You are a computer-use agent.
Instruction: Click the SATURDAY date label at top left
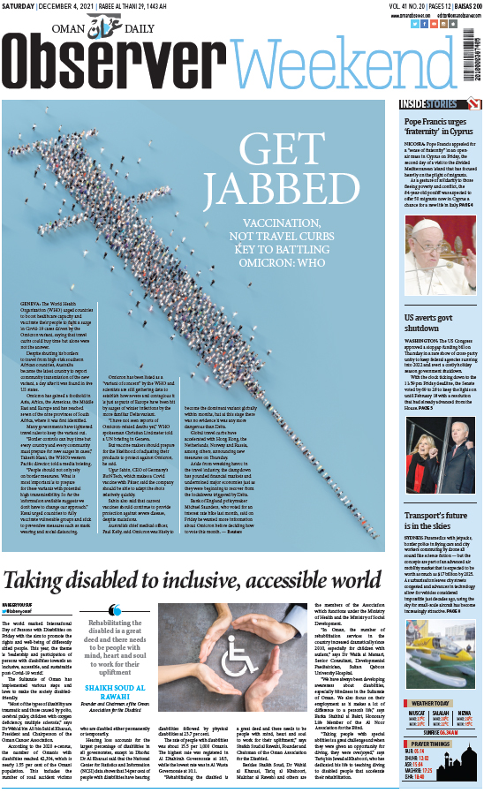coord(19,6)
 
